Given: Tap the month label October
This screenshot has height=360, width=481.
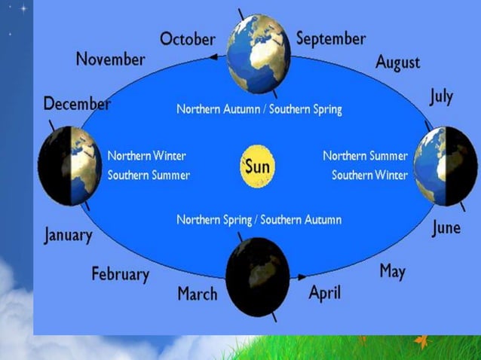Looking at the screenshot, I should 188,38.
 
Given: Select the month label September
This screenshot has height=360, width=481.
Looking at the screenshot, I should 330,38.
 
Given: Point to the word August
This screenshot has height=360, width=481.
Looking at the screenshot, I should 397,62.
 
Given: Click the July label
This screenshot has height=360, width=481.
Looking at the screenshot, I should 441,97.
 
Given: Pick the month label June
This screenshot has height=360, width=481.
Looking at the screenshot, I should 446,227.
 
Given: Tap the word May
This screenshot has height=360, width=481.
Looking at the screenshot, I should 392,271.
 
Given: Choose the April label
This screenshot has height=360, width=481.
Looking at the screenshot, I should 325,292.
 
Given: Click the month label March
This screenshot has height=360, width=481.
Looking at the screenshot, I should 197,293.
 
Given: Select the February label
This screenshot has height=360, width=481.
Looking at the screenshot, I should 121,273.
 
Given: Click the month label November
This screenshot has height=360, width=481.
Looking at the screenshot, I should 110,59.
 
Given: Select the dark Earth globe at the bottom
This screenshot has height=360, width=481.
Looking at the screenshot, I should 258,276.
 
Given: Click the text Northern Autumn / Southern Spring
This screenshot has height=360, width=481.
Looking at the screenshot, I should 259,109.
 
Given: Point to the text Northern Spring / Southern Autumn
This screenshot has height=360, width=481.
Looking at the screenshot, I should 259,220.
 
